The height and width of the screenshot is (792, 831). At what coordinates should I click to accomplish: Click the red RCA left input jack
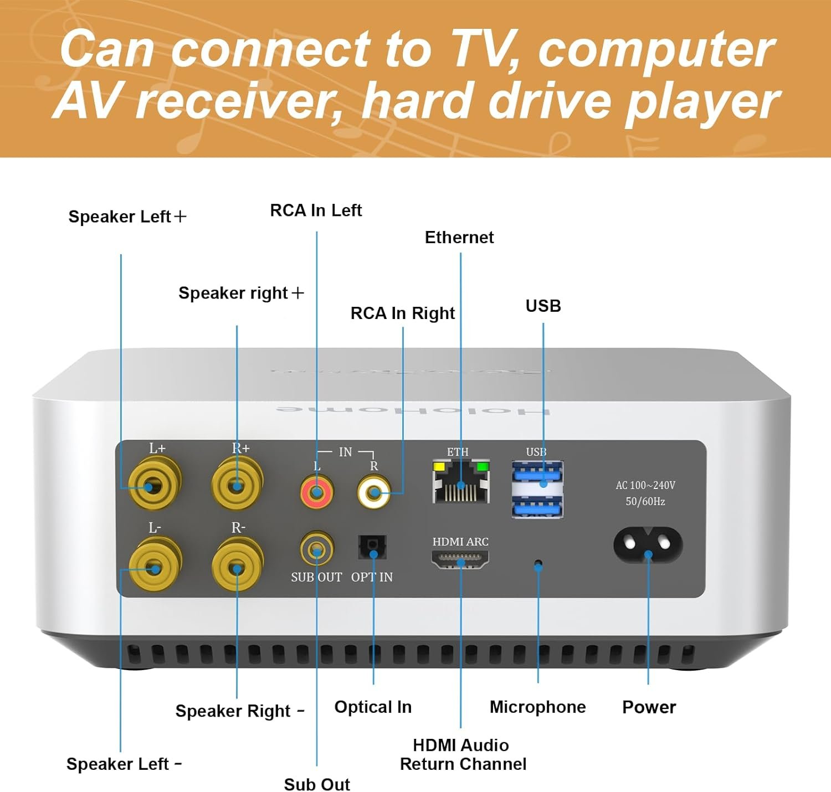316,491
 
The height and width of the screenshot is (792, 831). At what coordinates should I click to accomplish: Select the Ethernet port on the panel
461,482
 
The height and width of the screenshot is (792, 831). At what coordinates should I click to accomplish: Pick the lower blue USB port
537,506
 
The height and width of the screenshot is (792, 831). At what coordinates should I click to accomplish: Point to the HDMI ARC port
460,560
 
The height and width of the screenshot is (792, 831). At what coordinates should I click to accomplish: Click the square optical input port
372,548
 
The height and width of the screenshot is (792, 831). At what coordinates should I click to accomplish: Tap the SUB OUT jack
316,550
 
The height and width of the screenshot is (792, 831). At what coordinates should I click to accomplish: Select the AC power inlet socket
648,546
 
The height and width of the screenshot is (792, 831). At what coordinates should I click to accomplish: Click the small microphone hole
537,565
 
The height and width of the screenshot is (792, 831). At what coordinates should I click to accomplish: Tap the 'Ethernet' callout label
459,238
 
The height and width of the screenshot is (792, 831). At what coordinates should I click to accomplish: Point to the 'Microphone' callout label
537,707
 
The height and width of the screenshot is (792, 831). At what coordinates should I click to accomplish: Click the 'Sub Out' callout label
317,784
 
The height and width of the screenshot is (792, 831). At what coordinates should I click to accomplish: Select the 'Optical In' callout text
373,707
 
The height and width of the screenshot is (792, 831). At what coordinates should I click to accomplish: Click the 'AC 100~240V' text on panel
645,486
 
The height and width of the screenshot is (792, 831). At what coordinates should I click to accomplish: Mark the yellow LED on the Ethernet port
439,466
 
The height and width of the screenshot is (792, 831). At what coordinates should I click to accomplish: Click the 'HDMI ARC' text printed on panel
460,542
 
